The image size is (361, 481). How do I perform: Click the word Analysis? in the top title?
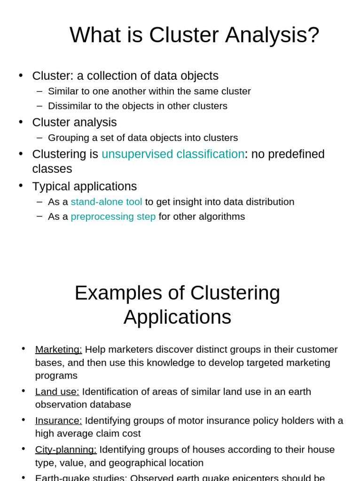(272, 35)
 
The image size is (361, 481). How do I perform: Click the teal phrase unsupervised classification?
(173, 154)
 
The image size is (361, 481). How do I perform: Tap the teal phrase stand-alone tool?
(106, 202)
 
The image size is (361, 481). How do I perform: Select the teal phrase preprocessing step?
(113, 217)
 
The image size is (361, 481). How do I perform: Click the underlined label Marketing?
(58, 349)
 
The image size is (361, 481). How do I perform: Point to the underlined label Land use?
(57, 392)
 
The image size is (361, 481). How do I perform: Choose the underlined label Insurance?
(58, 420)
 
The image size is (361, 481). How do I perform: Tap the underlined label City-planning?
(66, 450)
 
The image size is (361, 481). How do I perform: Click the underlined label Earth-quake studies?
(81, 477)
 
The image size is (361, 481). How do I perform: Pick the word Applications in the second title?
(177, 317)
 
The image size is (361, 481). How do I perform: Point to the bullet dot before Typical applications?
(21, 186)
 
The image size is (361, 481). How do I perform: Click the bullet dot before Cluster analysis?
(21, 122)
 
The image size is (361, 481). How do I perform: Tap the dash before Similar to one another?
(39, 91)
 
